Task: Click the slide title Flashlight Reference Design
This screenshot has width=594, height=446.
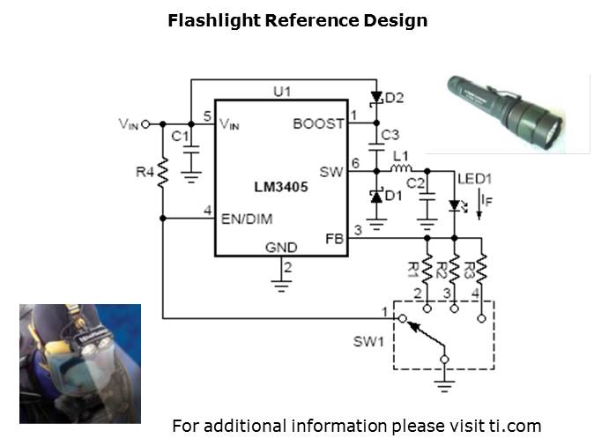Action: point(297,20)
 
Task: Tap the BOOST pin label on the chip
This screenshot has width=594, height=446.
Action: point(318,124)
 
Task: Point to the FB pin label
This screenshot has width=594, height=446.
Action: point(335,237)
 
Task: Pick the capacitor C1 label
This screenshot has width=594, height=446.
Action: point(180,137)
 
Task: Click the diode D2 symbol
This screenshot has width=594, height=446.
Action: point(376,97)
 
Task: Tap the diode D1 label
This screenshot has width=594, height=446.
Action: point(393,196)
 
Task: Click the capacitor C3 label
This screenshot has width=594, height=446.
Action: point(390,136)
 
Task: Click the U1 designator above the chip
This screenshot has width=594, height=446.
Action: point(281,90)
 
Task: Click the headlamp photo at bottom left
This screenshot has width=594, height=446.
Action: point(80,363)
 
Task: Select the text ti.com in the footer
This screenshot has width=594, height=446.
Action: point(515,426)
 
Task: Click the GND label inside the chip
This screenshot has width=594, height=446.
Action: point(281,248)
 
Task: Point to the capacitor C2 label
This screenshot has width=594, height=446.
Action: point(416,183)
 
